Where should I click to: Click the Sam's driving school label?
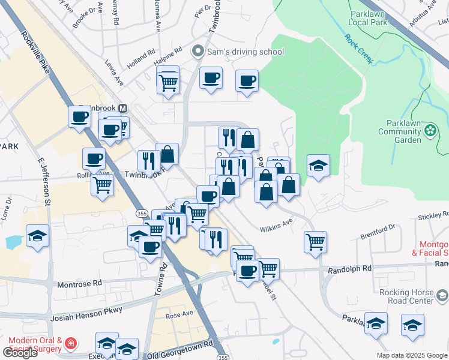pos(246,52)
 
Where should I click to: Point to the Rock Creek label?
pos(358,47)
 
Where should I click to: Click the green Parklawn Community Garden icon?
pos(430,130)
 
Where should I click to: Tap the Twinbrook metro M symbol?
pos(123,108)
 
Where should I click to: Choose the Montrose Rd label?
pos(79,283)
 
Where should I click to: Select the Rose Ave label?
pos(179,314)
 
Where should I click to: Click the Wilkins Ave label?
pos(276,229)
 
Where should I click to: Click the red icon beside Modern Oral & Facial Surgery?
pos(71,344)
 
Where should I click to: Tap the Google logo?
pos(19,352)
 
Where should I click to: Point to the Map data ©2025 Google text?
pos(411,355)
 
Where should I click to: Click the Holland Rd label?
pos(142,59)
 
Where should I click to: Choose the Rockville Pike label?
pos(35,49)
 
